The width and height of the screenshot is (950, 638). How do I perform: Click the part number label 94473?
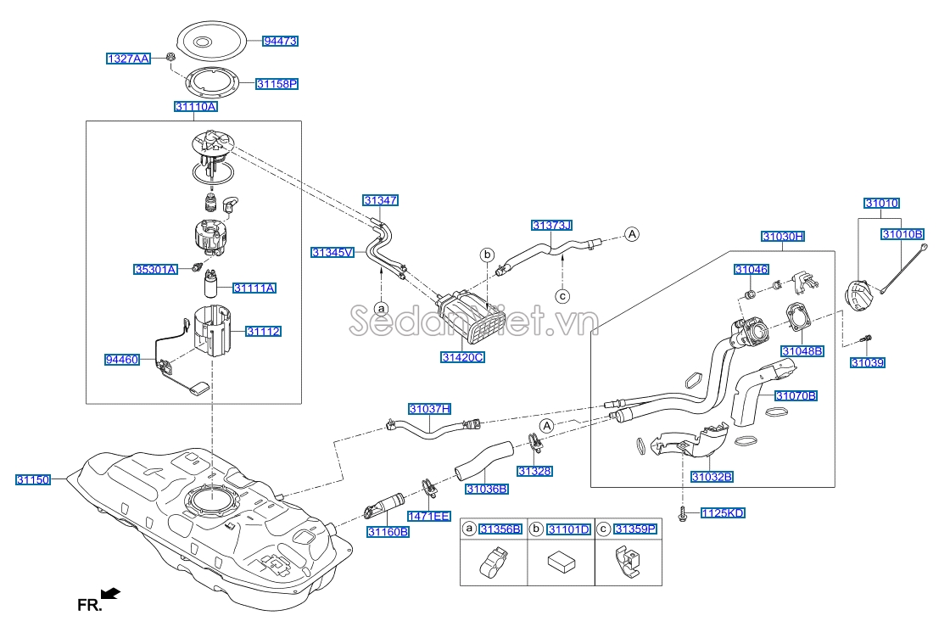(280, 41)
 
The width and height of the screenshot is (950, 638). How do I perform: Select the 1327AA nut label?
(128, 59)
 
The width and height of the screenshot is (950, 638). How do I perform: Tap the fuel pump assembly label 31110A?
(196, 107)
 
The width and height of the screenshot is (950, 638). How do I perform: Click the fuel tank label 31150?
(33, 479)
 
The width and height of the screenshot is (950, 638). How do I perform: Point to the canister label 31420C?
(462, 357)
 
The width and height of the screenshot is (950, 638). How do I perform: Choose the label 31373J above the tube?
(552, 225)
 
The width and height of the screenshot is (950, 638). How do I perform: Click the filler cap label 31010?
(881, 204)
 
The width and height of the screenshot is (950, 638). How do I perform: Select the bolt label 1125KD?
(724, 513)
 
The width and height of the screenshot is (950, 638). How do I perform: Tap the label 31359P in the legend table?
(635, 529)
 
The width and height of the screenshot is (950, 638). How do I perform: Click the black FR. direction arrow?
(109, 593)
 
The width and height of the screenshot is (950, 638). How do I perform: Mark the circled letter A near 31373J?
(631, 234)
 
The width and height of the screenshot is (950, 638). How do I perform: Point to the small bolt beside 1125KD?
(683, 513)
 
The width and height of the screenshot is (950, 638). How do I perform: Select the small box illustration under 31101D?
(559, 562)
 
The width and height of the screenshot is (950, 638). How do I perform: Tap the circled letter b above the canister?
(487, 254)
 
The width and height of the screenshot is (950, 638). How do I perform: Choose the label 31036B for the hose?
(486, 489)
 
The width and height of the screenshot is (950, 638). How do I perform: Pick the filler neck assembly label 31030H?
(782, 237)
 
